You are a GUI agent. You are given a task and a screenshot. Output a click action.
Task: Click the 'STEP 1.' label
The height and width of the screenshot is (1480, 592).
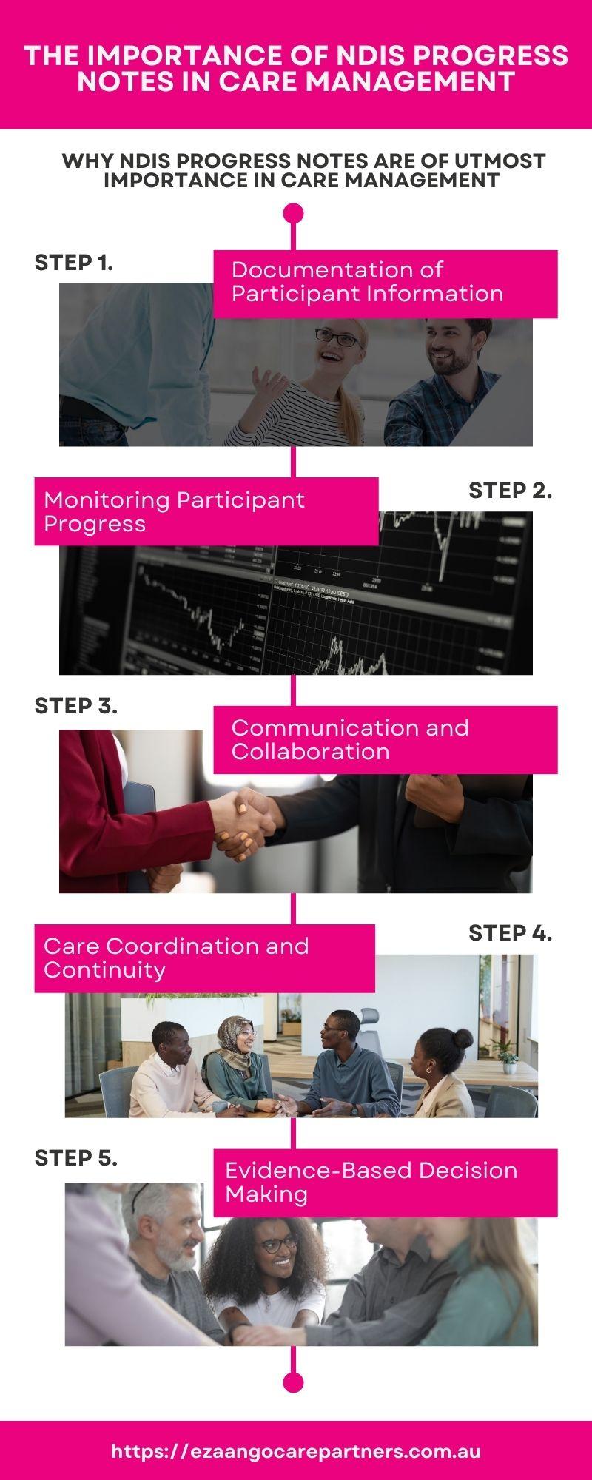pos(74,263)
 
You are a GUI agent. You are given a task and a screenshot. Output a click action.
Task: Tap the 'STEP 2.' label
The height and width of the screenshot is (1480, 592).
pos(510,491)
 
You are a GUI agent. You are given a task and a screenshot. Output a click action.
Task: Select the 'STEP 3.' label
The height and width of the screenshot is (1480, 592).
pos(76,706)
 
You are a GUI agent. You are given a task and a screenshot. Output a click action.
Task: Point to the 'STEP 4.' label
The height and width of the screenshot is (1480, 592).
pos(510,934)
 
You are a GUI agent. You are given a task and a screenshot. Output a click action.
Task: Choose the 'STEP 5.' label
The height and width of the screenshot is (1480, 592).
pos(76,1158)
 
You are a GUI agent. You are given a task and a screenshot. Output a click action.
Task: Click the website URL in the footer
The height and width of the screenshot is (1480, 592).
pos(296,1451)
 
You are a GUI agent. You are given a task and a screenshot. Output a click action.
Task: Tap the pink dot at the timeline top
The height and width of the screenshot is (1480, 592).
pos(294,214)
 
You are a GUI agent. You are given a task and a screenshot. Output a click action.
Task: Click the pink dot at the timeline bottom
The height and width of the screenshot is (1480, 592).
pos(294,1382)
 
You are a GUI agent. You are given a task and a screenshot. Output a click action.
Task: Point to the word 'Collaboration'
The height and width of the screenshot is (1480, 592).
pos(310,752)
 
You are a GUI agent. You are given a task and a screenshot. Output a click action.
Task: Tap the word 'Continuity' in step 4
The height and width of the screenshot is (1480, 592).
pos(104,970)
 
